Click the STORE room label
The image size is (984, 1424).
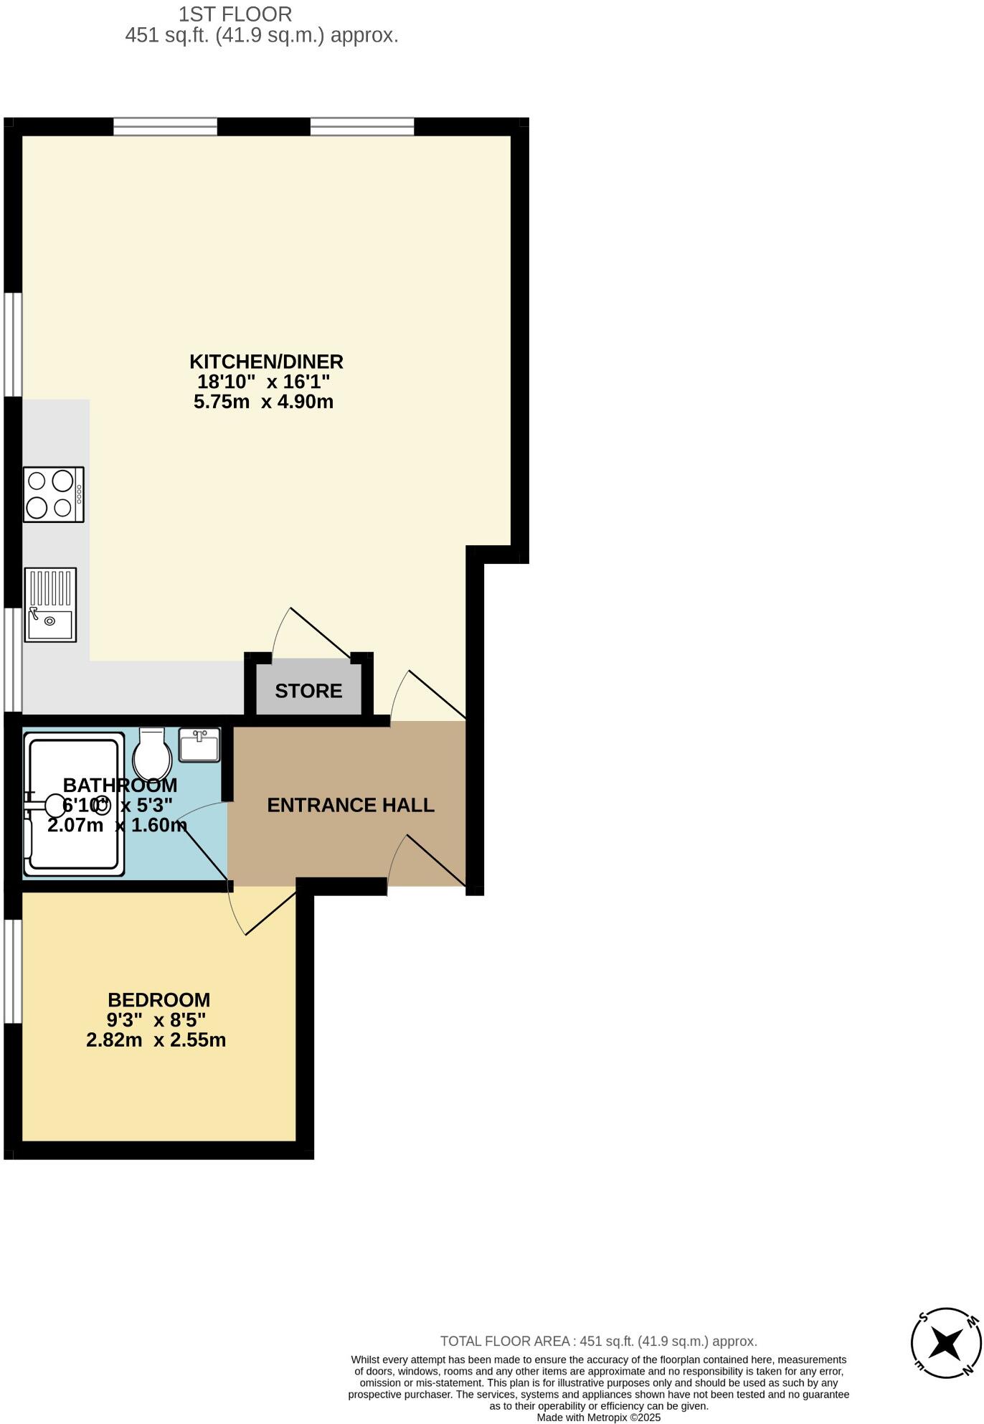308,691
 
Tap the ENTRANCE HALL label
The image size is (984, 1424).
351,805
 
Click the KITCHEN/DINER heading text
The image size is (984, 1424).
266,362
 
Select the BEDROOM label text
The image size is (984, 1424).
159,1000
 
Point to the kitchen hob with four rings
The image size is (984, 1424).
54,494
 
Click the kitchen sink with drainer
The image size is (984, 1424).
50,605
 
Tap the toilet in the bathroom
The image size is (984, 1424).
152,755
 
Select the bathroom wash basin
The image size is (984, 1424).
199,745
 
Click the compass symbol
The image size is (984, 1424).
946,1342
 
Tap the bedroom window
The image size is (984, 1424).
12,971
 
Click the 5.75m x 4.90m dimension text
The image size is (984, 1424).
263,402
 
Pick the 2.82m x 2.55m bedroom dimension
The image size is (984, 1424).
156,1040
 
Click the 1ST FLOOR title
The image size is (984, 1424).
235,14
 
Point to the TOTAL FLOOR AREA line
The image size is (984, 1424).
598,1341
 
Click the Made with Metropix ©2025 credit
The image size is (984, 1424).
598,1418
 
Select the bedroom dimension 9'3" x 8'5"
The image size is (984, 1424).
156,1020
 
